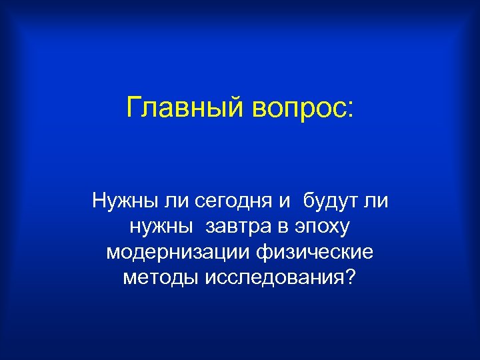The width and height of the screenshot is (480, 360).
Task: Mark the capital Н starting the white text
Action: pos(99,200)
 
